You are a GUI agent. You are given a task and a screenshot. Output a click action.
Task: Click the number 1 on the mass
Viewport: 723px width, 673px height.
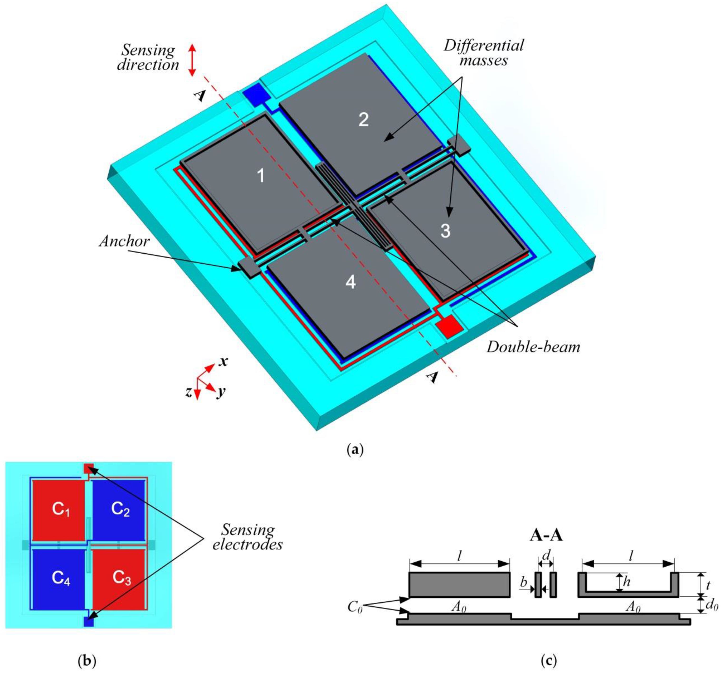(x=260, y=176)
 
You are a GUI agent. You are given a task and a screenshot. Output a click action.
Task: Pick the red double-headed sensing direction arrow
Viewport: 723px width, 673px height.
(x=192, y=60)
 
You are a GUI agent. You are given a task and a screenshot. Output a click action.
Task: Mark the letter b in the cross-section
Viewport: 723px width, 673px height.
(x=524, y=582)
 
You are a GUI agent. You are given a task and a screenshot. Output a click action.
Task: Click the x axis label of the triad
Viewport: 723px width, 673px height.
(x=223, y=361)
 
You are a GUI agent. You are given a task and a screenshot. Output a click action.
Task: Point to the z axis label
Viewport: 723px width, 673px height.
(x=188, y=392)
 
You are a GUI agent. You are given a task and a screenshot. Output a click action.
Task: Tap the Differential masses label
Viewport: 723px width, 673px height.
(x=484, y=53)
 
